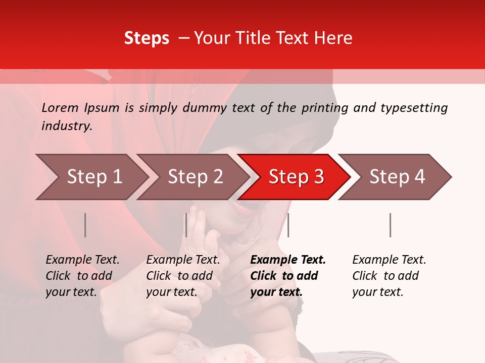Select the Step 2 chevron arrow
click(195, 177)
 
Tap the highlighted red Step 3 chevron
click(296, 177)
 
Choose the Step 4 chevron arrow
click(397, 177)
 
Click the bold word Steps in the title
click(147, 38)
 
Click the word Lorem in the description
click(60, 108)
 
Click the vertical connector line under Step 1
click(85, 225)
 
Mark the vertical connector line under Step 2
click(186, 225)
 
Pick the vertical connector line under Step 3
click(288, 225)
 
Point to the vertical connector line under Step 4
click(390, 225)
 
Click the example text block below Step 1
click(82, 276)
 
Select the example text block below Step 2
click(183, 276)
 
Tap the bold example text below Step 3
click(288, 276)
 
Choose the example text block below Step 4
click(389, 276)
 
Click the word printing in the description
click(323, 108)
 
